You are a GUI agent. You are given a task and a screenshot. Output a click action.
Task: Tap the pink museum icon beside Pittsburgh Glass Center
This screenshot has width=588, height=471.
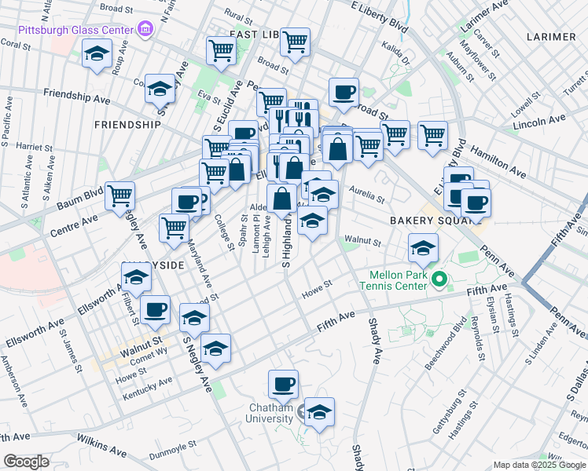[145, 31]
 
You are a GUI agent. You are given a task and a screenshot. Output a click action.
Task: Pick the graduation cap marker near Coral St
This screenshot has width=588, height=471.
[97, 55]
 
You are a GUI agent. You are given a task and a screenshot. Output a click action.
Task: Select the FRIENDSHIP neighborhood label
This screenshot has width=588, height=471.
[127, 125]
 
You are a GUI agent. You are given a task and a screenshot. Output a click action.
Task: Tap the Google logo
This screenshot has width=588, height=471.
[26, 462]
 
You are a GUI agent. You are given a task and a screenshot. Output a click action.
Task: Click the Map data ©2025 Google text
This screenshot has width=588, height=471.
[538, 465]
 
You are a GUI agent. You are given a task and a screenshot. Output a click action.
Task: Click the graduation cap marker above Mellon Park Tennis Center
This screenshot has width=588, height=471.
[422, 249]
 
